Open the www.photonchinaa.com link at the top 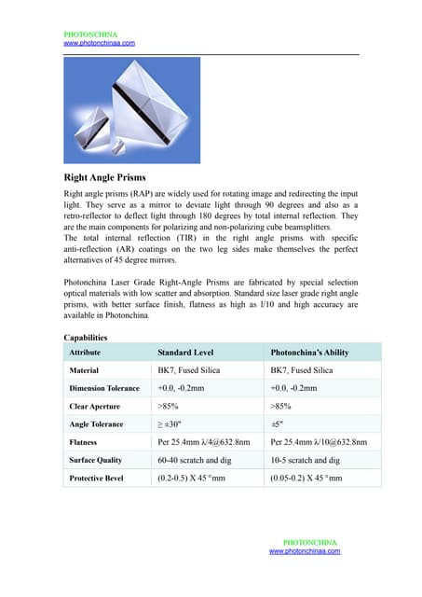click(x=99, y=43)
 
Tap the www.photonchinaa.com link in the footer click(x=305, y=551)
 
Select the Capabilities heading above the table click(x=86, y=337)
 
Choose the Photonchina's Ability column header click(x=309, y=353)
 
